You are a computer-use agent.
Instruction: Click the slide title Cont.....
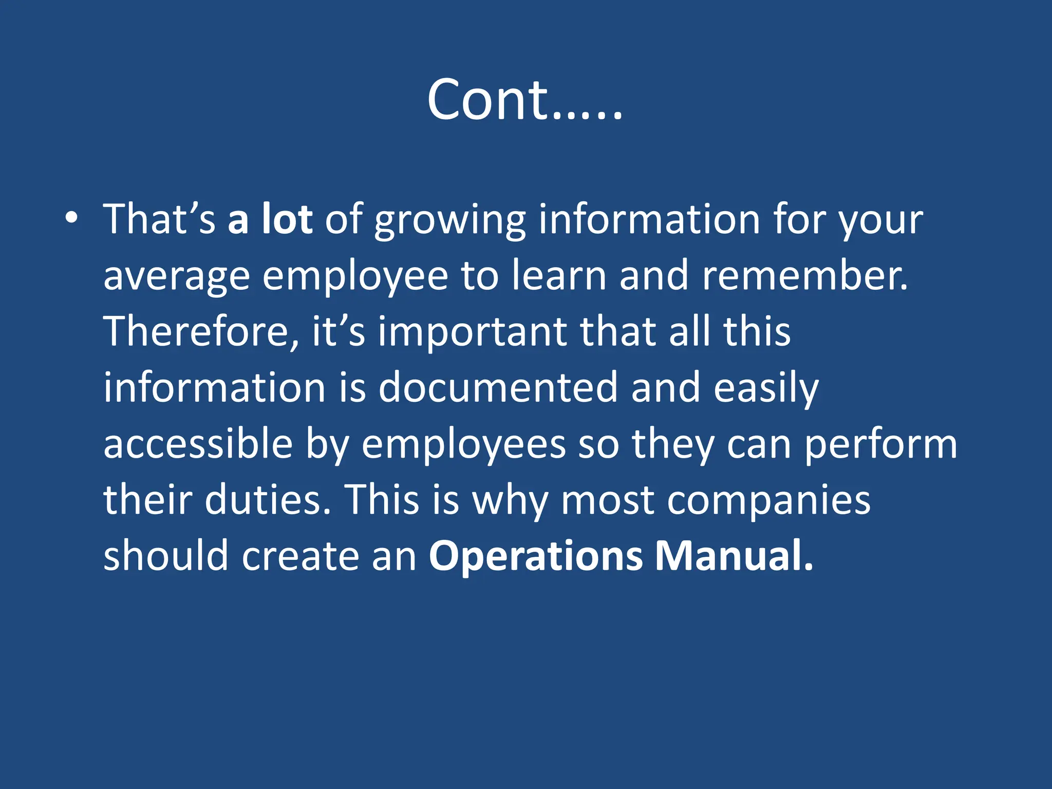point(524,100)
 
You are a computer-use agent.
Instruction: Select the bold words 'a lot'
point(270,219)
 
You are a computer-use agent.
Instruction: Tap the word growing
point(450,221)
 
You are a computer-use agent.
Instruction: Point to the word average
point(177,277)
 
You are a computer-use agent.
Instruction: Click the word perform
point(880,446)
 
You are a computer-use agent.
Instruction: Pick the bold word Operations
point(536,557)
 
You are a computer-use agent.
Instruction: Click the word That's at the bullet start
point(159,219)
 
